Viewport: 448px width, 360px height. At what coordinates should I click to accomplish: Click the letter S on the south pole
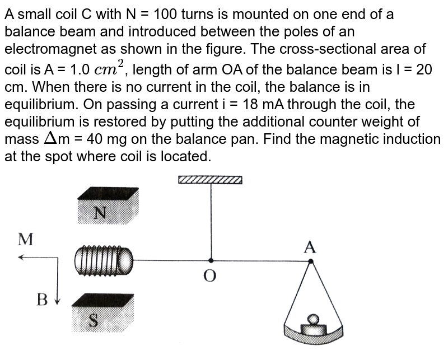94,320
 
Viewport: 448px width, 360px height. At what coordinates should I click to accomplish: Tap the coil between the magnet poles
104,260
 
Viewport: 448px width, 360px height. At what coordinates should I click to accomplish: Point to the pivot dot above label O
211,260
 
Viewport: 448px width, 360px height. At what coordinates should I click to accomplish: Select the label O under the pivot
211,275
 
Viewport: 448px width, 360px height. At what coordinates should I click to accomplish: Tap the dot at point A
311,261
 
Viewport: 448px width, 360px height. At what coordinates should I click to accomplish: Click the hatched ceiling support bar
210,180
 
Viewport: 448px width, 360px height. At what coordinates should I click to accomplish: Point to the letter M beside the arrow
26,239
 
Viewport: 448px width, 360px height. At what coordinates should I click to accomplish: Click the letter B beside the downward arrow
41,300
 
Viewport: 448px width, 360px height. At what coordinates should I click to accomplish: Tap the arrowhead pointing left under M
21,257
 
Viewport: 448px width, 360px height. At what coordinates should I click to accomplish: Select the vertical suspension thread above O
211,221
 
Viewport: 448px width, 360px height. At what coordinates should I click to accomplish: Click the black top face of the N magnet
108,193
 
